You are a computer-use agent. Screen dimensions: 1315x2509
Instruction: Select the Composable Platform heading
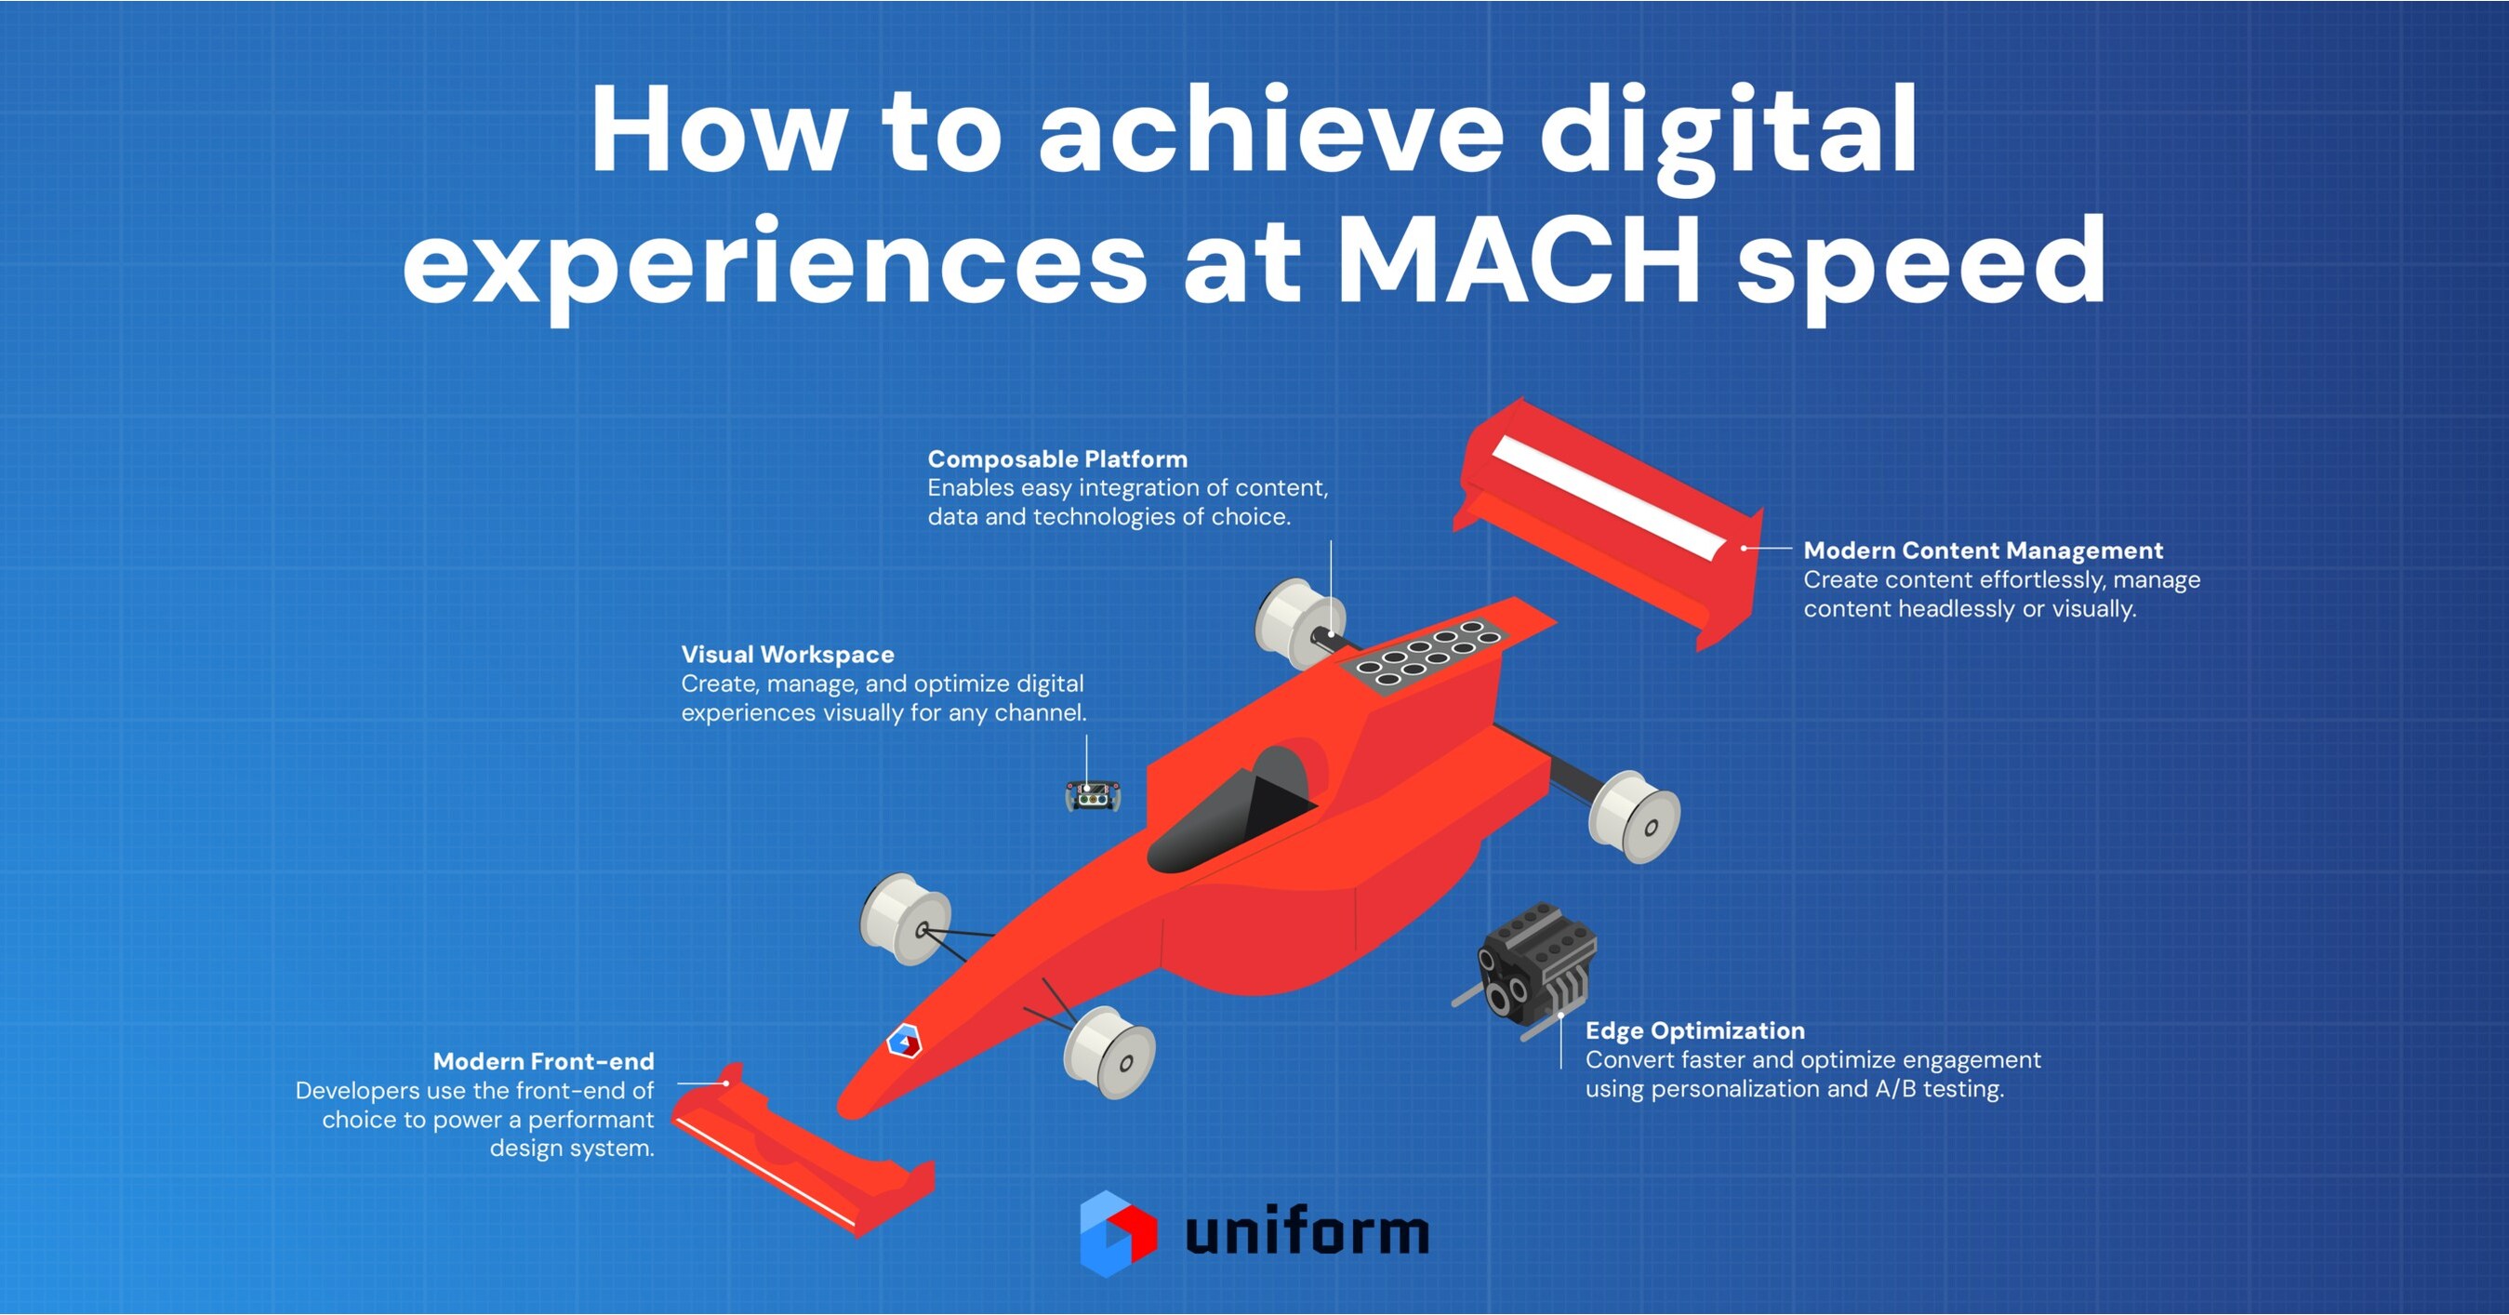coord(1056,458)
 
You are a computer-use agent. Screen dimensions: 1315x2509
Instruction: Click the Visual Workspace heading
coord(787,655)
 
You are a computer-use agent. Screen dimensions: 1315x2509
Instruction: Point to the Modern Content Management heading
coord(1982,551)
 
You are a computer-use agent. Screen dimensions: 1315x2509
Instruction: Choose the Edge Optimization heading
coord(1693,1030)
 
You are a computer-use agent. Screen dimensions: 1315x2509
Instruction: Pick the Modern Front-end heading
coord(543,1061)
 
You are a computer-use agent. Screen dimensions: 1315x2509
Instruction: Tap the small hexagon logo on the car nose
coord(904,1042)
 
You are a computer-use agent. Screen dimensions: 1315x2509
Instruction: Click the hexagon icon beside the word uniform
coord(1117,1232)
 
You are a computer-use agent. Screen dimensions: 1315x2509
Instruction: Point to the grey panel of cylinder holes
coord(1423,653)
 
